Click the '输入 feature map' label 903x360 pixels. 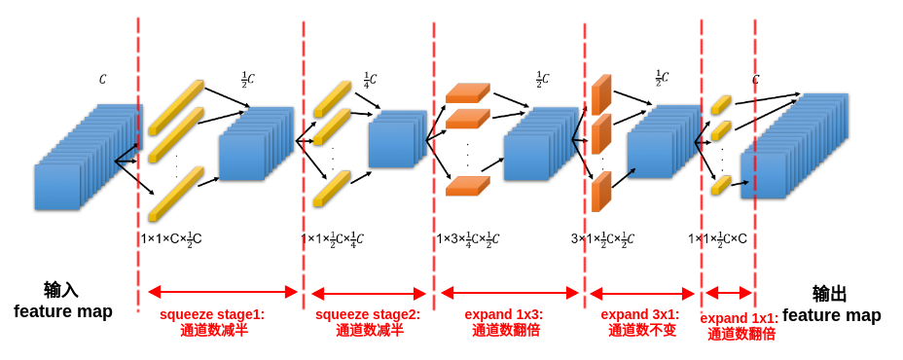coord(62,301)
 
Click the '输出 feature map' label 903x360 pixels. coord(831,305)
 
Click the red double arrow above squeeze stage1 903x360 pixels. coord(222,291)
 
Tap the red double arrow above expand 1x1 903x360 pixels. coord(729,293)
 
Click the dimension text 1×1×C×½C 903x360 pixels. coord(171,238)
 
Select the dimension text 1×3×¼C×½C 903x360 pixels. coord(468,238)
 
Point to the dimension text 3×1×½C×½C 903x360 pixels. coord(602,238)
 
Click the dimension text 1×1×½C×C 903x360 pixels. coord(718,238)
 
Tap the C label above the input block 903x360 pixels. coord(103,80)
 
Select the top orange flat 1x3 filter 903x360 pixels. coord(467,93)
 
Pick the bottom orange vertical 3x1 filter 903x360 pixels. coord(601,192)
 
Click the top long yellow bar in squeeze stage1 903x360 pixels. coord(176,107)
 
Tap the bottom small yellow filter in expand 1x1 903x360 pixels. coord(720,184)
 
